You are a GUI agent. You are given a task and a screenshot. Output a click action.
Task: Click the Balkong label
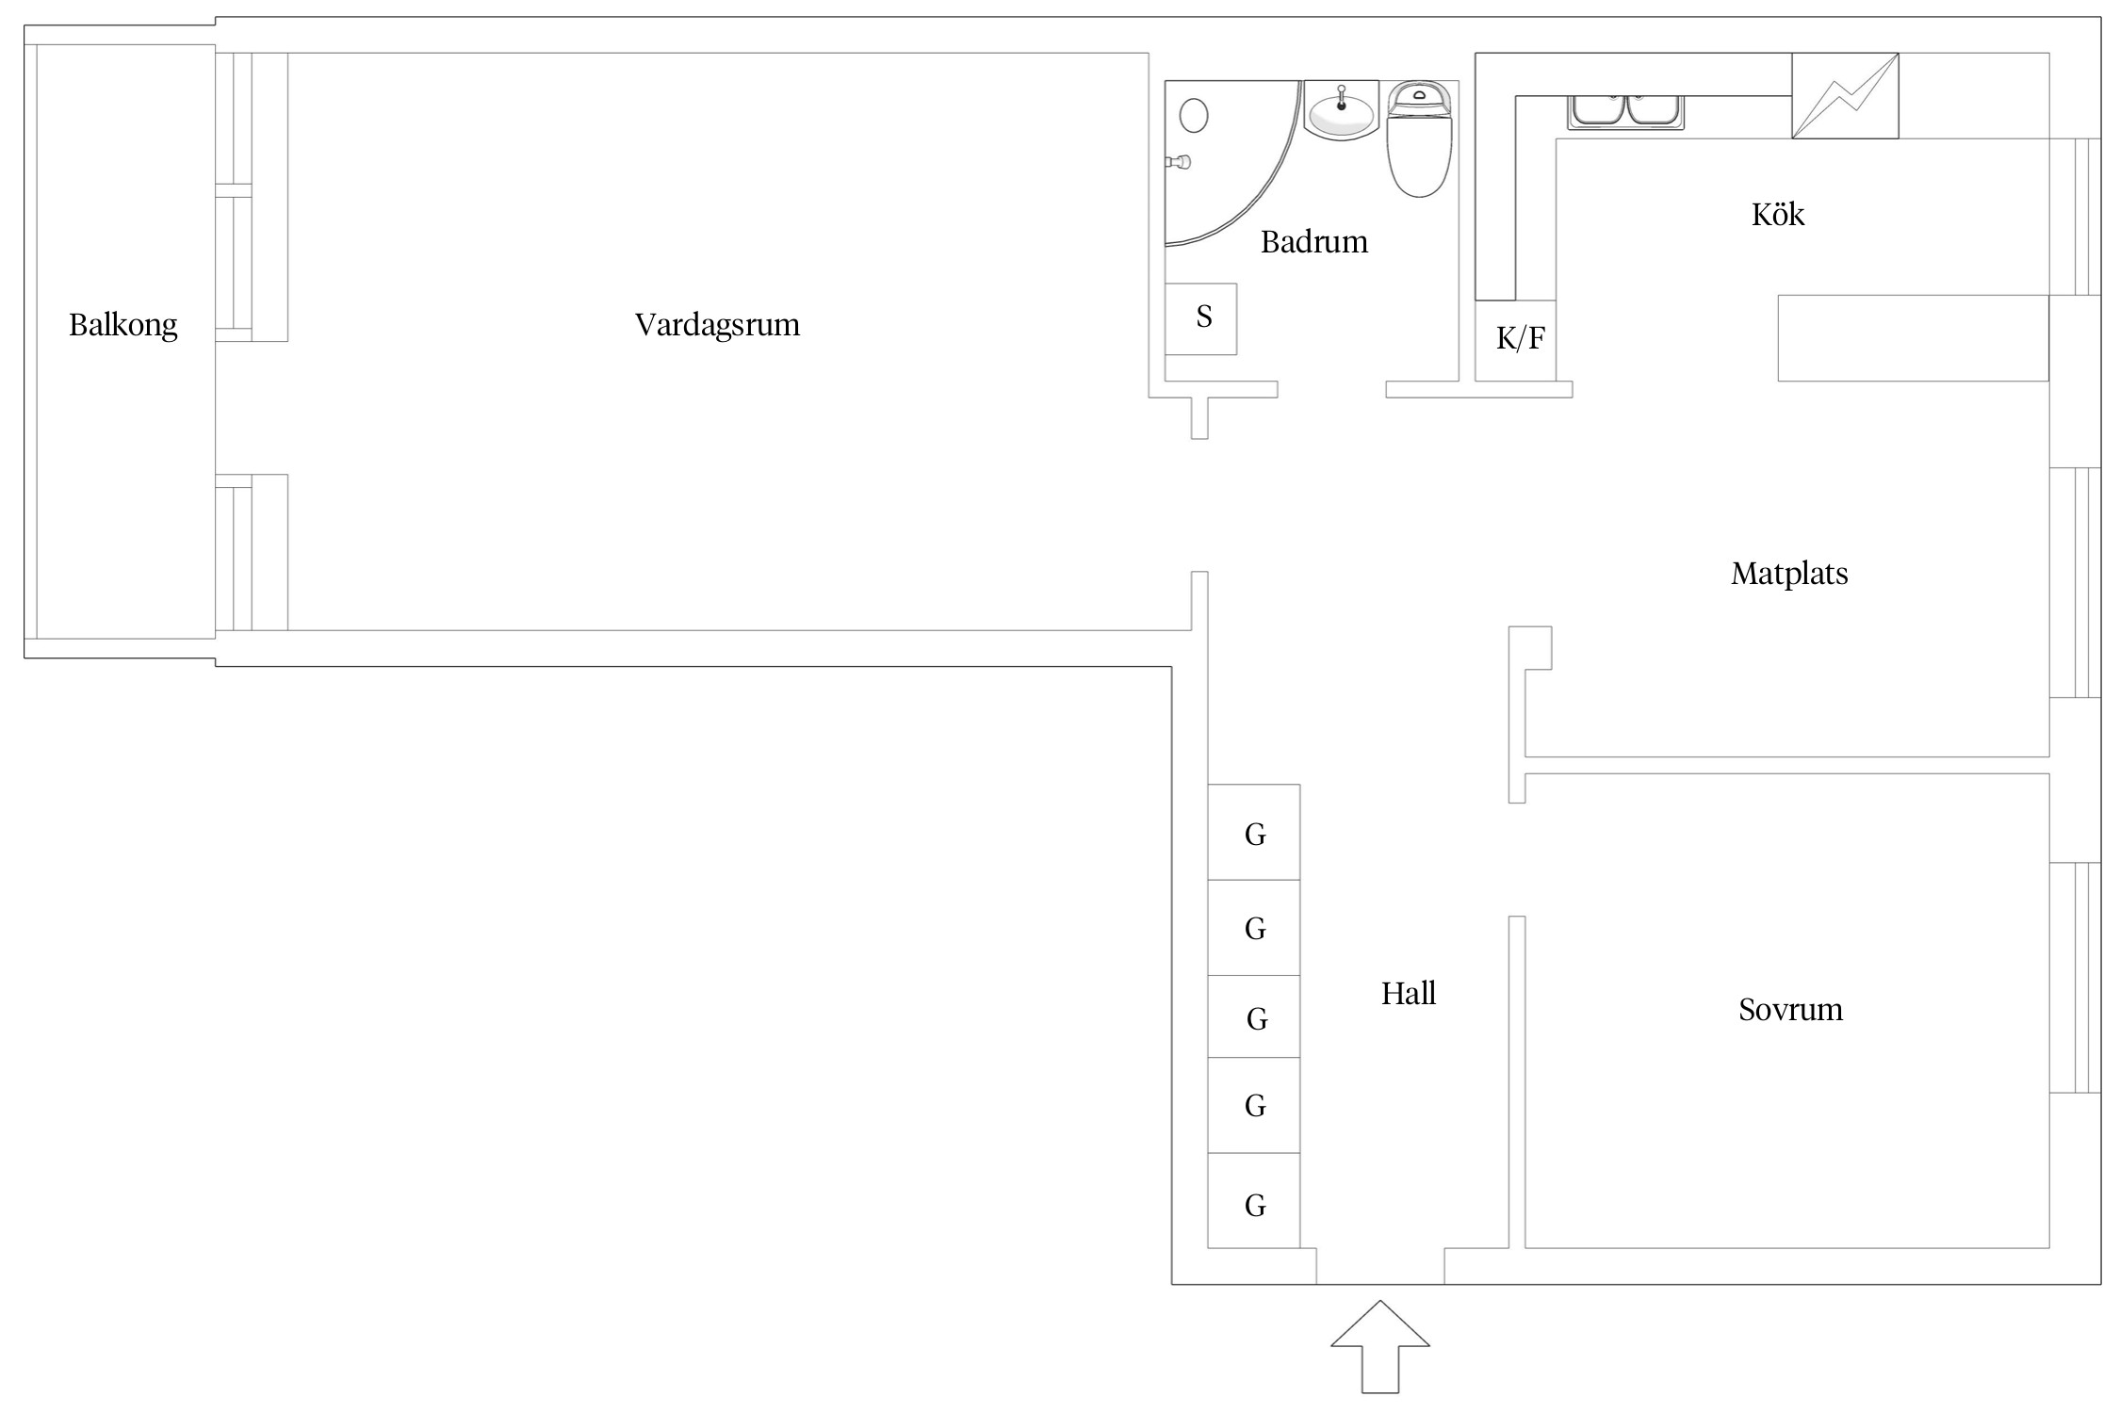122,325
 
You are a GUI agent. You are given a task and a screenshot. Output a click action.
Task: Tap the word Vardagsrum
717,325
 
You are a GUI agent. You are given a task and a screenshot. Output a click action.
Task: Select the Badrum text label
1313,242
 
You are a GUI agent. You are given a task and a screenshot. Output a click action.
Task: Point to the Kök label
1777,215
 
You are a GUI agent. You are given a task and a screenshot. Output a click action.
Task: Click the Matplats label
1788,574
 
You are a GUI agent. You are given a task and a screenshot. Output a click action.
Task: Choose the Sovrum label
1789,1010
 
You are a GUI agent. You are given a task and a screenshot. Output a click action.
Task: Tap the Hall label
1408,994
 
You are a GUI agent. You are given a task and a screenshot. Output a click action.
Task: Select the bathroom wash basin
1341,113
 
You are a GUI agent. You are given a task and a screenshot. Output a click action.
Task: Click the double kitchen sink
1625,111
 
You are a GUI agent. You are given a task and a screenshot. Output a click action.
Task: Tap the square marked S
1201,318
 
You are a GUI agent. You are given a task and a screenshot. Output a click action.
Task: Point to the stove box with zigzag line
1844,96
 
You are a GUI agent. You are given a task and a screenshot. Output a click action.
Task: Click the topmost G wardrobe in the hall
1254,833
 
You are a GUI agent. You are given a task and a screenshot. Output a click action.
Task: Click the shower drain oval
1194,116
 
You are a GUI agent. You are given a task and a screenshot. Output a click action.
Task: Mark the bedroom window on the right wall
2075,977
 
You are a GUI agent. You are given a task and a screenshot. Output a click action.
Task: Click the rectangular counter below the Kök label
1913,338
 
